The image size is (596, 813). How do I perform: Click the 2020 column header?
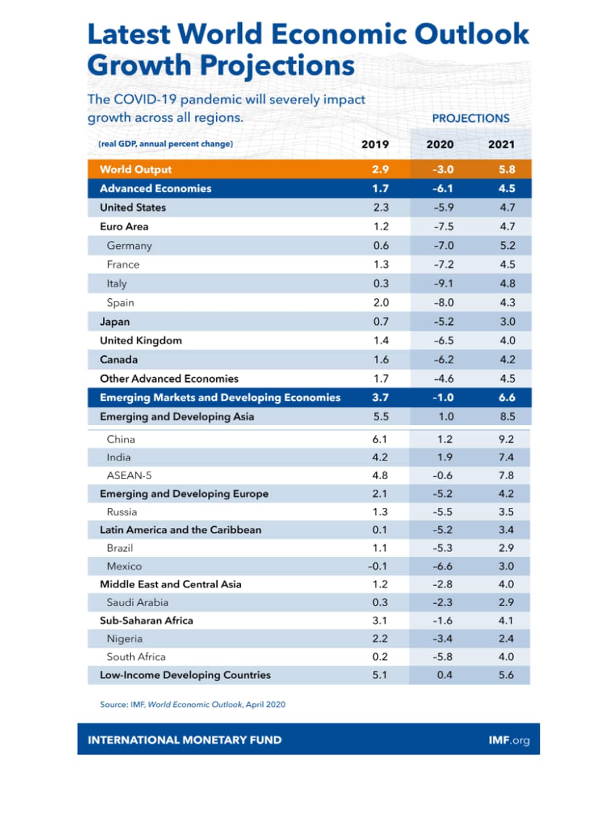pyautogui.click(x=440, y=145)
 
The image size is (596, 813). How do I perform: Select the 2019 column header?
pyautogui.click(x=375, y=145)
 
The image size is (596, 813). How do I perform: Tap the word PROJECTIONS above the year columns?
pyautogui.click(x=471, y=118)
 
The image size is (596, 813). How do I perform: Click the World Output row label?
pyautogui.click(x=136, y=170)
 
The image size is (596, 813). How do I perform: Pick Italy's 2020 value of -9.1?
pyautogui.click(x=443, y=283)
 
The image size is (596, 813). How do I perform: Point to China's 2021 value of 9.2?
pyautogui.click(x=506, y=439)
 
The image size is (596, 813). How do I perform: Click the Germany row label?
pyautogui.click(x=129, y=246)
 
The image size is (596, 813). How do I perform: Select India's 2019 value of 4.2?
pyautogui.click(x=380, y=458)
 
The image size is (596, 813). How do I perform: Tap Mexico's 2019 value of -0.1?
pyautogui.click(x=377, y=566)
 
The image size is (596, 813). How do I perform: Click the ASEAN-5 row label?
pyautogui.click(x=129, y=476)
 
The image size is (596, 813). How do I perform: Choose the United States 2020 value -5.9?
pyautogui.click(x=443, y=208)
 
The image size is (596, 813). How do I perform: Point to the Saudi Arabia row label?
pyautogui.click(x=137, y=603)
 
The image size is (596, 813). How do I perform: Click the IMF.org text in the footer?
pyautogui.click(x=509, y=740)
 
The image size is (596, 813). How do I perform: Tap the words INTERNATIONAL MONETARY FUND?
pyautogui.click(x=184, y=740)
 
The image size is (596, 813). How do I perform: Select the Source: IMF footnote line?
pyautogui.click(x=192, y=705)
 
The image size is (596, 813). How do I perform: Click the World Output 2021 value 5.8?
pyautogui.click(x=507, y=170)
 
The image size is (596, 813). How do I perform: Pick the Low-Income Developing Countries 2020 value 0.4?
pyautogui.click(x=445, y=675)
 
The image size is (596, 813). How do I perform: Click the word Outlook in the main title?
pyautogui.click(x=471, y=34)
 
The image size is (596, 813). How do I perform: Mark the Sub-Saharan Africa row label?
pyautogui.click(x=146, y=621)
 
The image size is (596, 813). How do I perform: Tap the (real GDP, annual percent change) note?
pyautogui.click(x=165, y=144)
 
